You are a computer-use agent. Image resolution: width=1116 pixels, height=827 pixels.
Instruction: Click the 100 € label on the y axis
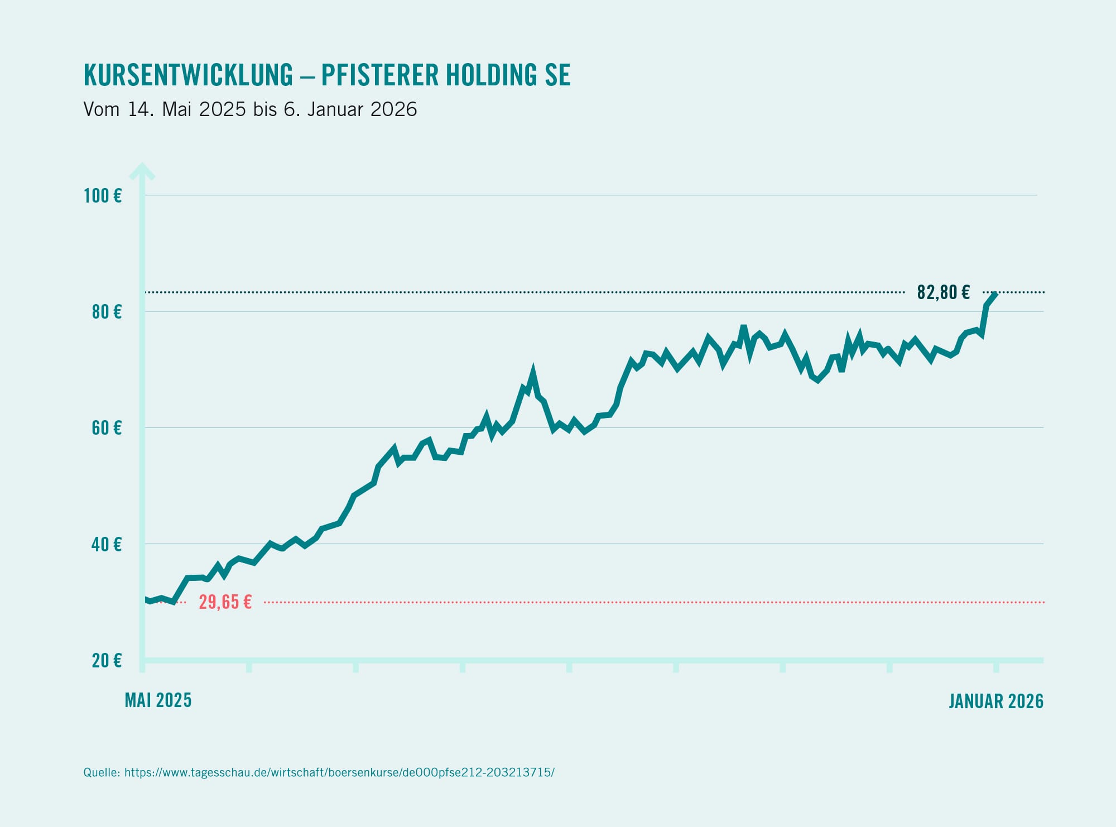[103, 196]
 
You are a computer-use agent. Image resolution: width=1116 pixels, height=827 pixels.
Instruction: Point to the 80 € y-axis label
[107, 312]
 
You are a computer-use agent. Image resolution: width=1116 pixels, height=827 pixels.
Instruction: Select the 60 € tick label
[107, 428]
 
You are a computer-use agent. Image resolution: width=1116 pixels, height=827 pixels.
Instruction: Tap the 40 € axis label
[107, 544]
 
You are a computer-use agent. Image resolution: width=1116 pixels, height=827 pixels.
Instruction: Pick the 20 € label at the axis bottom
[107, 661]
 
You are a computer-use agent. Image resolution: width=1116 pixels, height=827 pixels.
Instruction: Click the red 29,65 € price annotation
[225, 602]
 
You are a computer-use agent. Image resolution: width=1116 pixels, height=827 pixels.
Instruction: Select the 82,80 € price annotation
[944, 292]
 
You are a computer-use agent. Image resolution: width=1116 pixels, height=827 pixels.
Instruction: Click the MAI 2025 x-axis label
[158, 700]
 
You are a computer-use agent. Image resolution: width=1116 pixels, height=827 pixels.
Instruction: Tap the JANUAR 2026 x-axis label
[996, 701]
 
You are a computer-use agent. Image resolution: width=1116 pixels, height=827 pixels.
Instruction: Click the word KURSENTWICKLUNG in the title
[188, 75]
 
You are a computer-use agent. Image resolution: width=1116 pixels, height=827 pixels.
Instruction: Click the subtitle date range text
[250, 109]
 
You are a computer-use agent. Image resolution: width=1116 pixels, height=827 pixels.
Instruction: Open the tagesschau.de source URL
[339, 772]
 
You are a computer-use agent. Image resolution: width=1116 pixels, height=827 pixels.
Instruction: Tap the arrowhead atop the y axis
[142, 171]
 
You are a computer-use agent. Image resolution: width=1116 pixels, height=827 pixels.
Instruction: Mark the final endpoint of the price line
[995, 294]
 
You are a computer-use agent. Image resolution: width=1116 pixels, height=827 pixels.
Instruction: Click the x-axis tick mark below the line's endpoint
[996, 667]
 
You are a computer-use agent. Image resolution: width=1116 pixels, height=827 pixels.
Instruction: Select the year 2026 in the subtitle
[393, 109]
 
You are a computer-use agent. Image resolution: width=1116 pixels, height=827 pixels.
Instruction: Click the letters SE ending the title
[558, 75]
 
